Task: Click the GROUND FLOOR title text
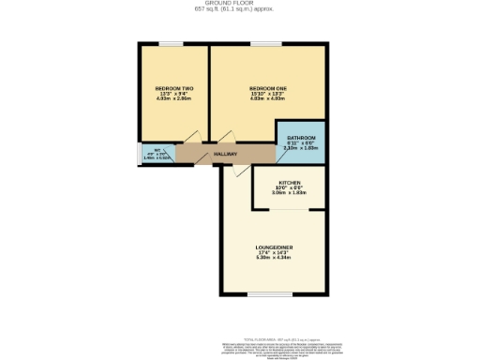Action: click(x=239, y=4)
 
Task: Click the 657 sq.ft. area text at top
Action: click(x=239, y=10)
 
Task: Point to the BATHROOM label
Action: click(x=301, y=138)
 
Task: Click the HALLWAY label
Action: click(x=225, y=155)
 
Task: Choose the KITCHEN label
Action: click(x=290, y=182)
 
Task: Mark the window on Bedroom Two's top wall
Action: click(x=170, y=43)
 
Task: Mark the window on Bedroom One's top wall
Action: click(x=268, y=43)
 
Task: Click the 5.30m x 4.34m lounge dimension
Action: click(x=276, y=258)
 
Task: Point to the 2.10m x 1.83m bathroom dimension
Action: click(x=301, y=148)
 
